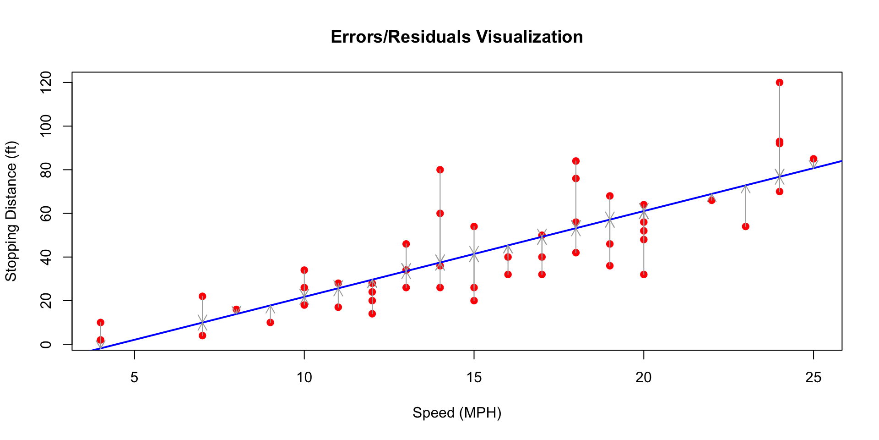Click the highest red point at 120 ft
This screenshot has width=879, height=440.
pos(780,82)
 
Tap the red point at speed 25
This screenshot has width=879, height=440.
pos(814,159)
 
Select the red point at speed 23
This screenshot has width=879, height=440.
pos(746,226)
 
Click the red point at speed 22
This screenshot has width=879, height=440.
pos(711,200)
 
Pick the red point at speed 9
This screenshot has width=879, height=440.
pos(271,323)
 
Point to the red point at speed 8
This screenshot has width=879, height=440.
pos(236,309)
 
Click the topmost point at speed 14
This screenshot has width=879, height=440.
pos(440,170)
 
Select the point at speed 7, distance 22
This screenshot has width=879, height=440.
pos(202,297)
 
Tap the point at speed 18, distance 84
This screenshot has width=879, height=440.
pos(576,161)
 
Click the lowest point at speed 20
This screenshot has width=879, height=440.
pos(644,275)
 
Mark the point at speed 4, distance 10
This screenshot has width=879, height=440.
pos(101,323)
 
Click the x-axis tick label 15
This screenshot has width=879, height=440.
pos(474,378)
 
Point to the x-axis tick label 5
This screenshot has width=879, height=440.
pos(134,378)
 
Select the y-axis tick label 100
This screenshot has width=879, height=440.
pos(46,126)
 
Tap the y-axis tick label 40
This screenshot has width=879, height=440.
pos(46,257)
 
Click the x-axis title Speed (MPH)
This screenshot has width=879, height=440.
pos(457,413)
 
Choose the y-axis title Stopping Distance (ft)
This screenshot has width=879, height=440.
pos(11,211)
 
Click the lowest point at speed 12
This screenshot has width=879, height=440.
pos(372,314)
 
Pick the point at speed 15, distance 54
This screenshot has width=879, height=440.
pos(474,226)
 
